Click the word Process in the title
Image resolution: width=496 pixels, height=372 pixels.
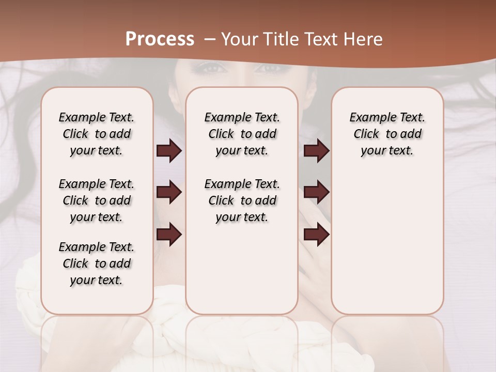click(160, 39)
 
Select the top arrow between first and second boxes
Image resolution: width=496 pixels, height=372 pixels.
click(169, 151)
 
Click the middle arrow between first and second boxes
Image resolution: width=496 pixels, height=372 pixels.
click(169, 193)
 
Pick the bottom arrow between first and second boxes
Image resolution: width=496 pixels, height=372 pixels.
click(169, 235)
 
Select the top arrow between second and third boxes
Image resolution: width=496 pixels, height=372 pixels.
click(316, 151)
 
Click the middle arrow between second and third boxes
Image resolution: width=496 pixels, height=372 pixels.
click(316, 193)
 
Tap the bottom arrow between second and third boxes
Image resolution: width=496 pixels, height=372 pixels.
click(316, 235)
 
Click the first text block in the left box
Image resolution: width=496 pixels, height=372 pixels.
click(97, 134)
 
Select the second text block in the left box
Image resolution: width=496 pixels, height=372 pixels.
click(97, 200)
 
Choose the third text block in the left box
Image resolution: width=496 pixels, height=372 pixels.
click(97, 263)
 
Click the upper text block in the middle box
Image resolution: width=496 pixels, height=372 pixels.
click(242, 134)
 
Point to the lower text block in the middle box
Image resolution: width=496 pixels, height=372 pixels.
click(242, 200)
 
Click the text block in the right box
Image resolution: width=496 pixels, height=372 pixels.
click(388, 134)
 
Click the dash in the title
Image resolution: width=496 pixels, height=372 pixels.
click(210, 39)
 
